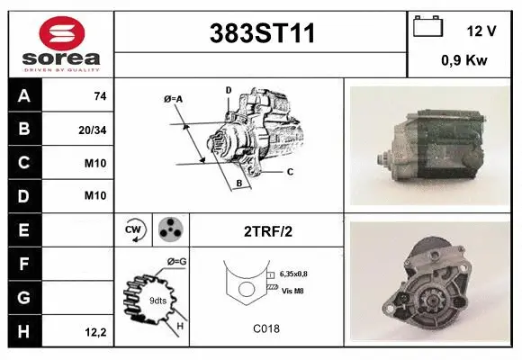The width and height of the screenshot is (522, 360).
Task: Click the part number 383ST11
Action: (x=262, y=34)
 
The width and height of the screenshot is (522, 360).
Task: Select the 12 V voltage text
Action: (x=481, y=31)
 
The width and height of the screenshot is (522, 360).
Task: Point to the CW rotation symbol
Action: (x=133, y=231)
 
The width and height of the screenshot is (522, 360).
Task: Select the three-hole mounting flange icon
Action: (x=168, y=231)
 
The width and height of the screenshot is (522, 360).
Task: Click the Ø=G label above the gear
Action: (x=175, y=262)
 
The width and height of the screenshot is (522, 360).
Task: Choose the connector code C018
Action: (x=266, y=328)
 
